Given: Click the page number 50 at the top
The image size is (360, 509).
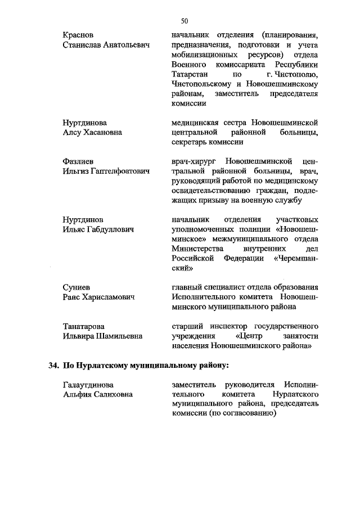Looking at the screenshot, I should point(184,21).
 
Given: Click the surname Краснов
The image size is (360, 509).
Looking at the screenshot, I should point(78,35).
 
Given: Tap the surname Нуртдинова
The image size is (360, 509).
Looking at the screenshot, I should point(85,122).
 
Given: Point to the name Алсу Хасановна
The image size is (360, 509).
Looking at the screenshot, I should point(94,132).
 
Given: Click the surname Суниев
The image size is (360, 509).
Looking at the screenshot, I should point(76,287).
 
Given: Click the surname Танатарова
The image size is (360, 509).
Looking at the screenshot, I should point(84,326).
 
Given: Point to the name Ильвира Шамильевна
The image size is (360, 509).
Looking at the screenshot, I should point(102,336).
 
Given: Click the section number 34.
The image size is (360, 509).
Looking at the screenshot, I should point(53,366).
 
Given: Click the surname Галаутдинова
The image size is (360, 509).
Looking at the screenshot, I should point(88,385).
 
